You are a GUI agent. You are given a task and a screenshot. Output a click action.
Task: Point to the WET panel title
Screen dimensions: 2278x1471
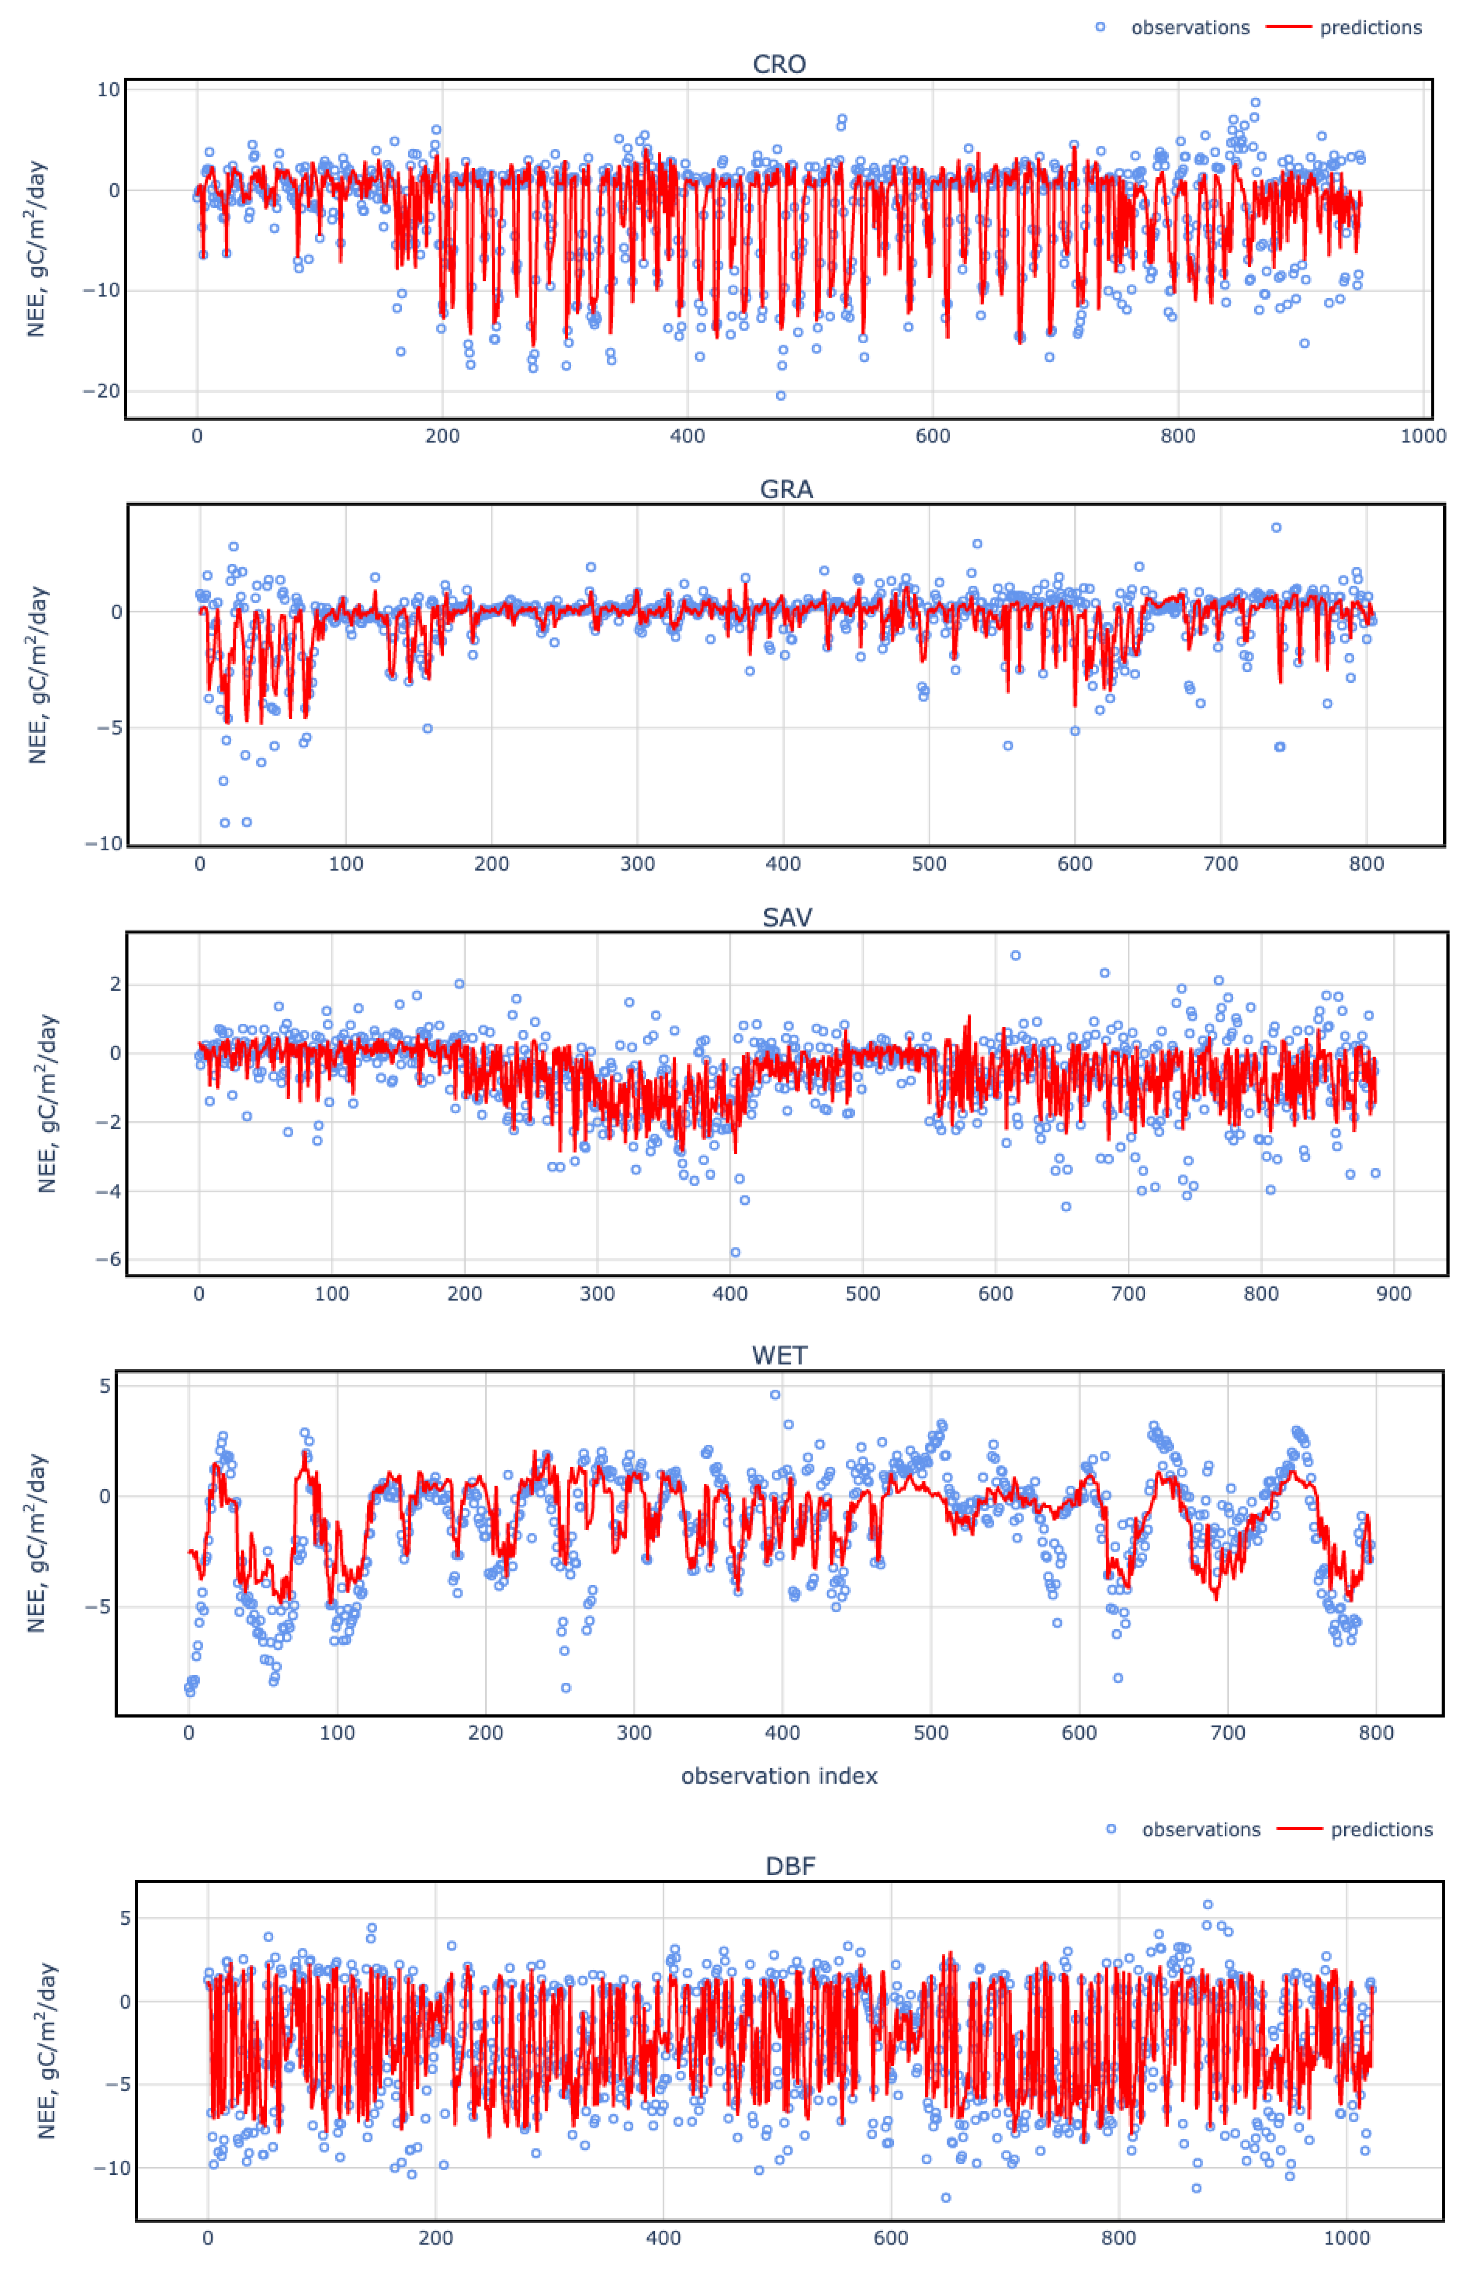coord(779,1355)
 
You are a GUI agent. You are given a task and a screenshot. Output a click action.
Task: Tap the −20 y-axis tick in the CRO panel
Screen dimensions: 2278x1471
coord(101,391)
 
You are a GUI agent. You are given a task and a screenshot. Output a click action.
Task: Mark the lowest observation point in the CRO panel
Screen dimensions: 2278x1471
coord(780,396)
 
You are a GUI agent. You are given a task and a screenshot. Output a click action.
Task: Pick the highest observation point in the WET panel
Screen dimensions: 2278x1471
coord(775,1395)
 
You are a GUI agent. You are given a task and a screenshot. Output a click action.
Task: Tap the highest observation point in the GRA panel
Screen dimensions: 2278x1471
coord(1276,527)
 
